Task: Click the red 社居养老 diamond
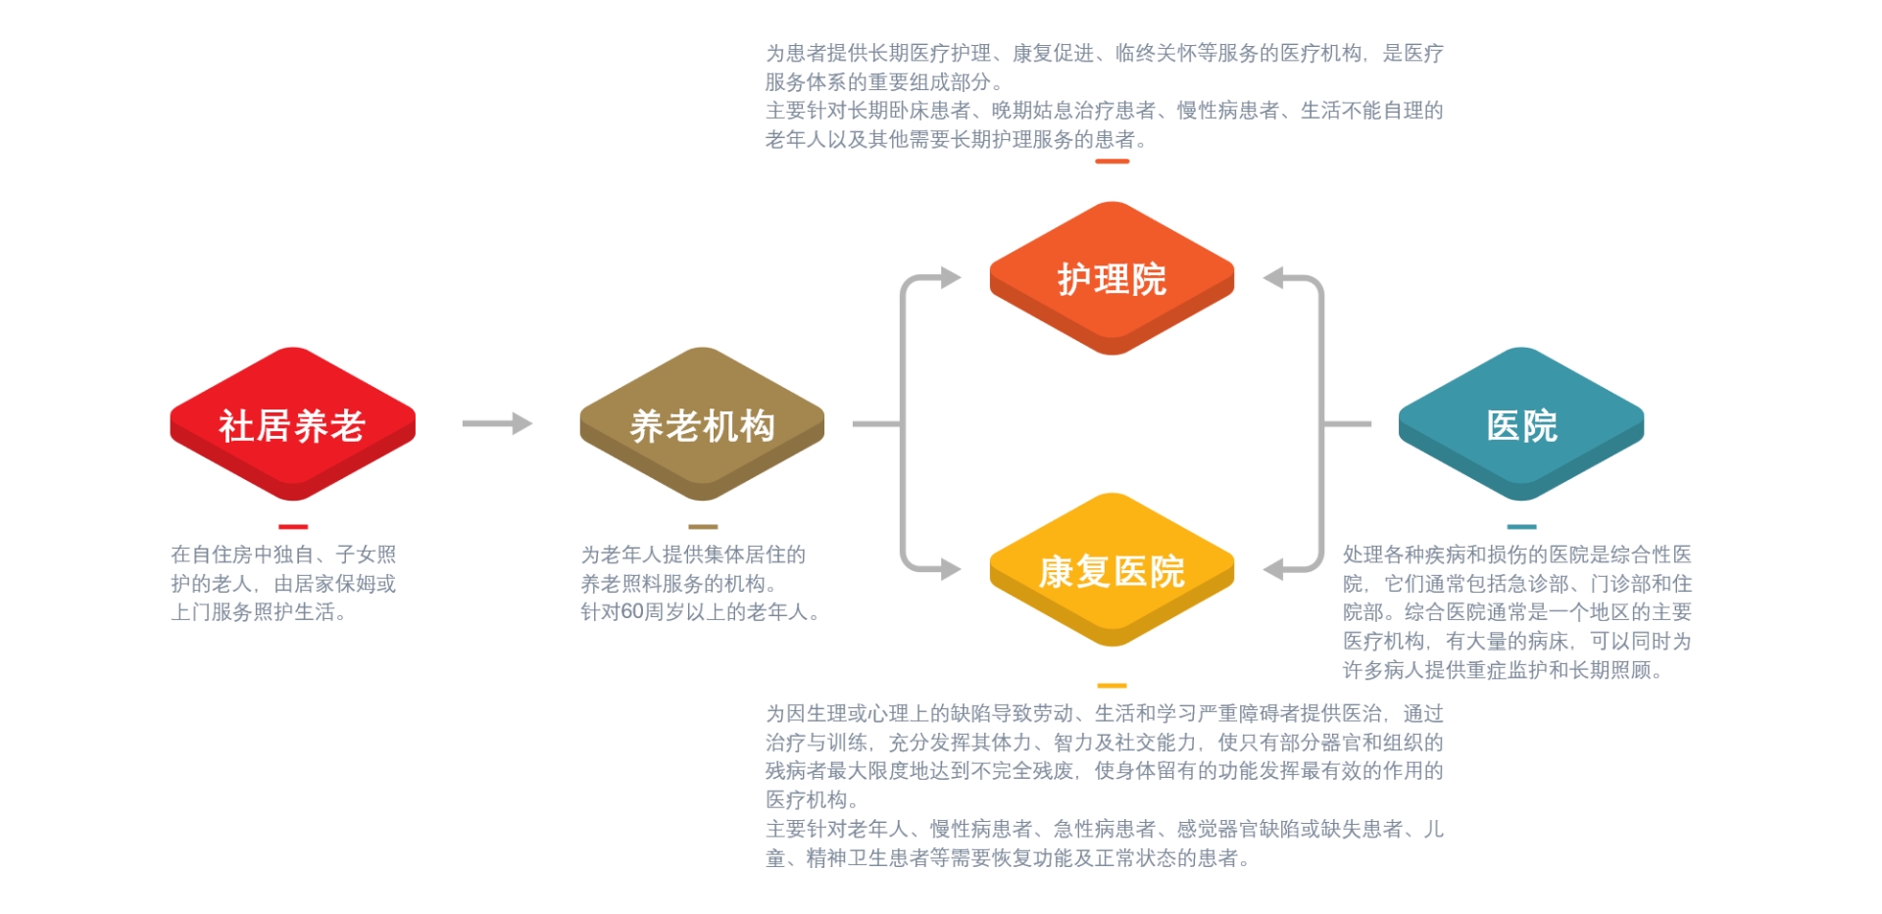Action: [292, 423]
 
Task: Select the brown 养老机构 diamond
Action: [702, 423]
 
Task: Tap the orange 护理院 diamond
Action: [1112, 278]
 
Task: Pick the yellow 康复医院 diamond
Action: [1112, 569]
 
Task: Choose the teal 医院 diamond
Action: [1521, 423]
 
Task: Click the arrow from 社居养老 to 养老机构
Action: [497, 423]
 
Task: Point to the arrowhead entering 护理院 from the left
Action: [950, 278]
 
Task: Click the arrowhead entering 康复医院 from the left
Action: [950, 569]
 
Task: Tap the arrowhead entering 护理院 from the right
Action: [1274, 278]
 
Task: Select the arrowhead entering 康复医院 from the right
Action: [1274, 569]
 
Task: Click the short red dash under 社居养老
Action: [292, 527]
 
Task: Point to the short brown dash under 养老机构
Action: [703, 527]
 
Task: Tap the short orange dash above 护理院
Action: [1112, 162]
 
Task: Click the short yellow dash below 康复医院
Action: [1112, 686]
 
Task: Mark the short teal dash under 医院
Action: [1521, 527]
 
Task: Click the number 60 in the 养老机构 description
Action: [632, 612]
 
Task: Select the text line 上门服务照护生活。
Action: [259, 612]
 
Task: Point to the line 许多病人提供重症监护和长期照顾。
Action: [1503, 671]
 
